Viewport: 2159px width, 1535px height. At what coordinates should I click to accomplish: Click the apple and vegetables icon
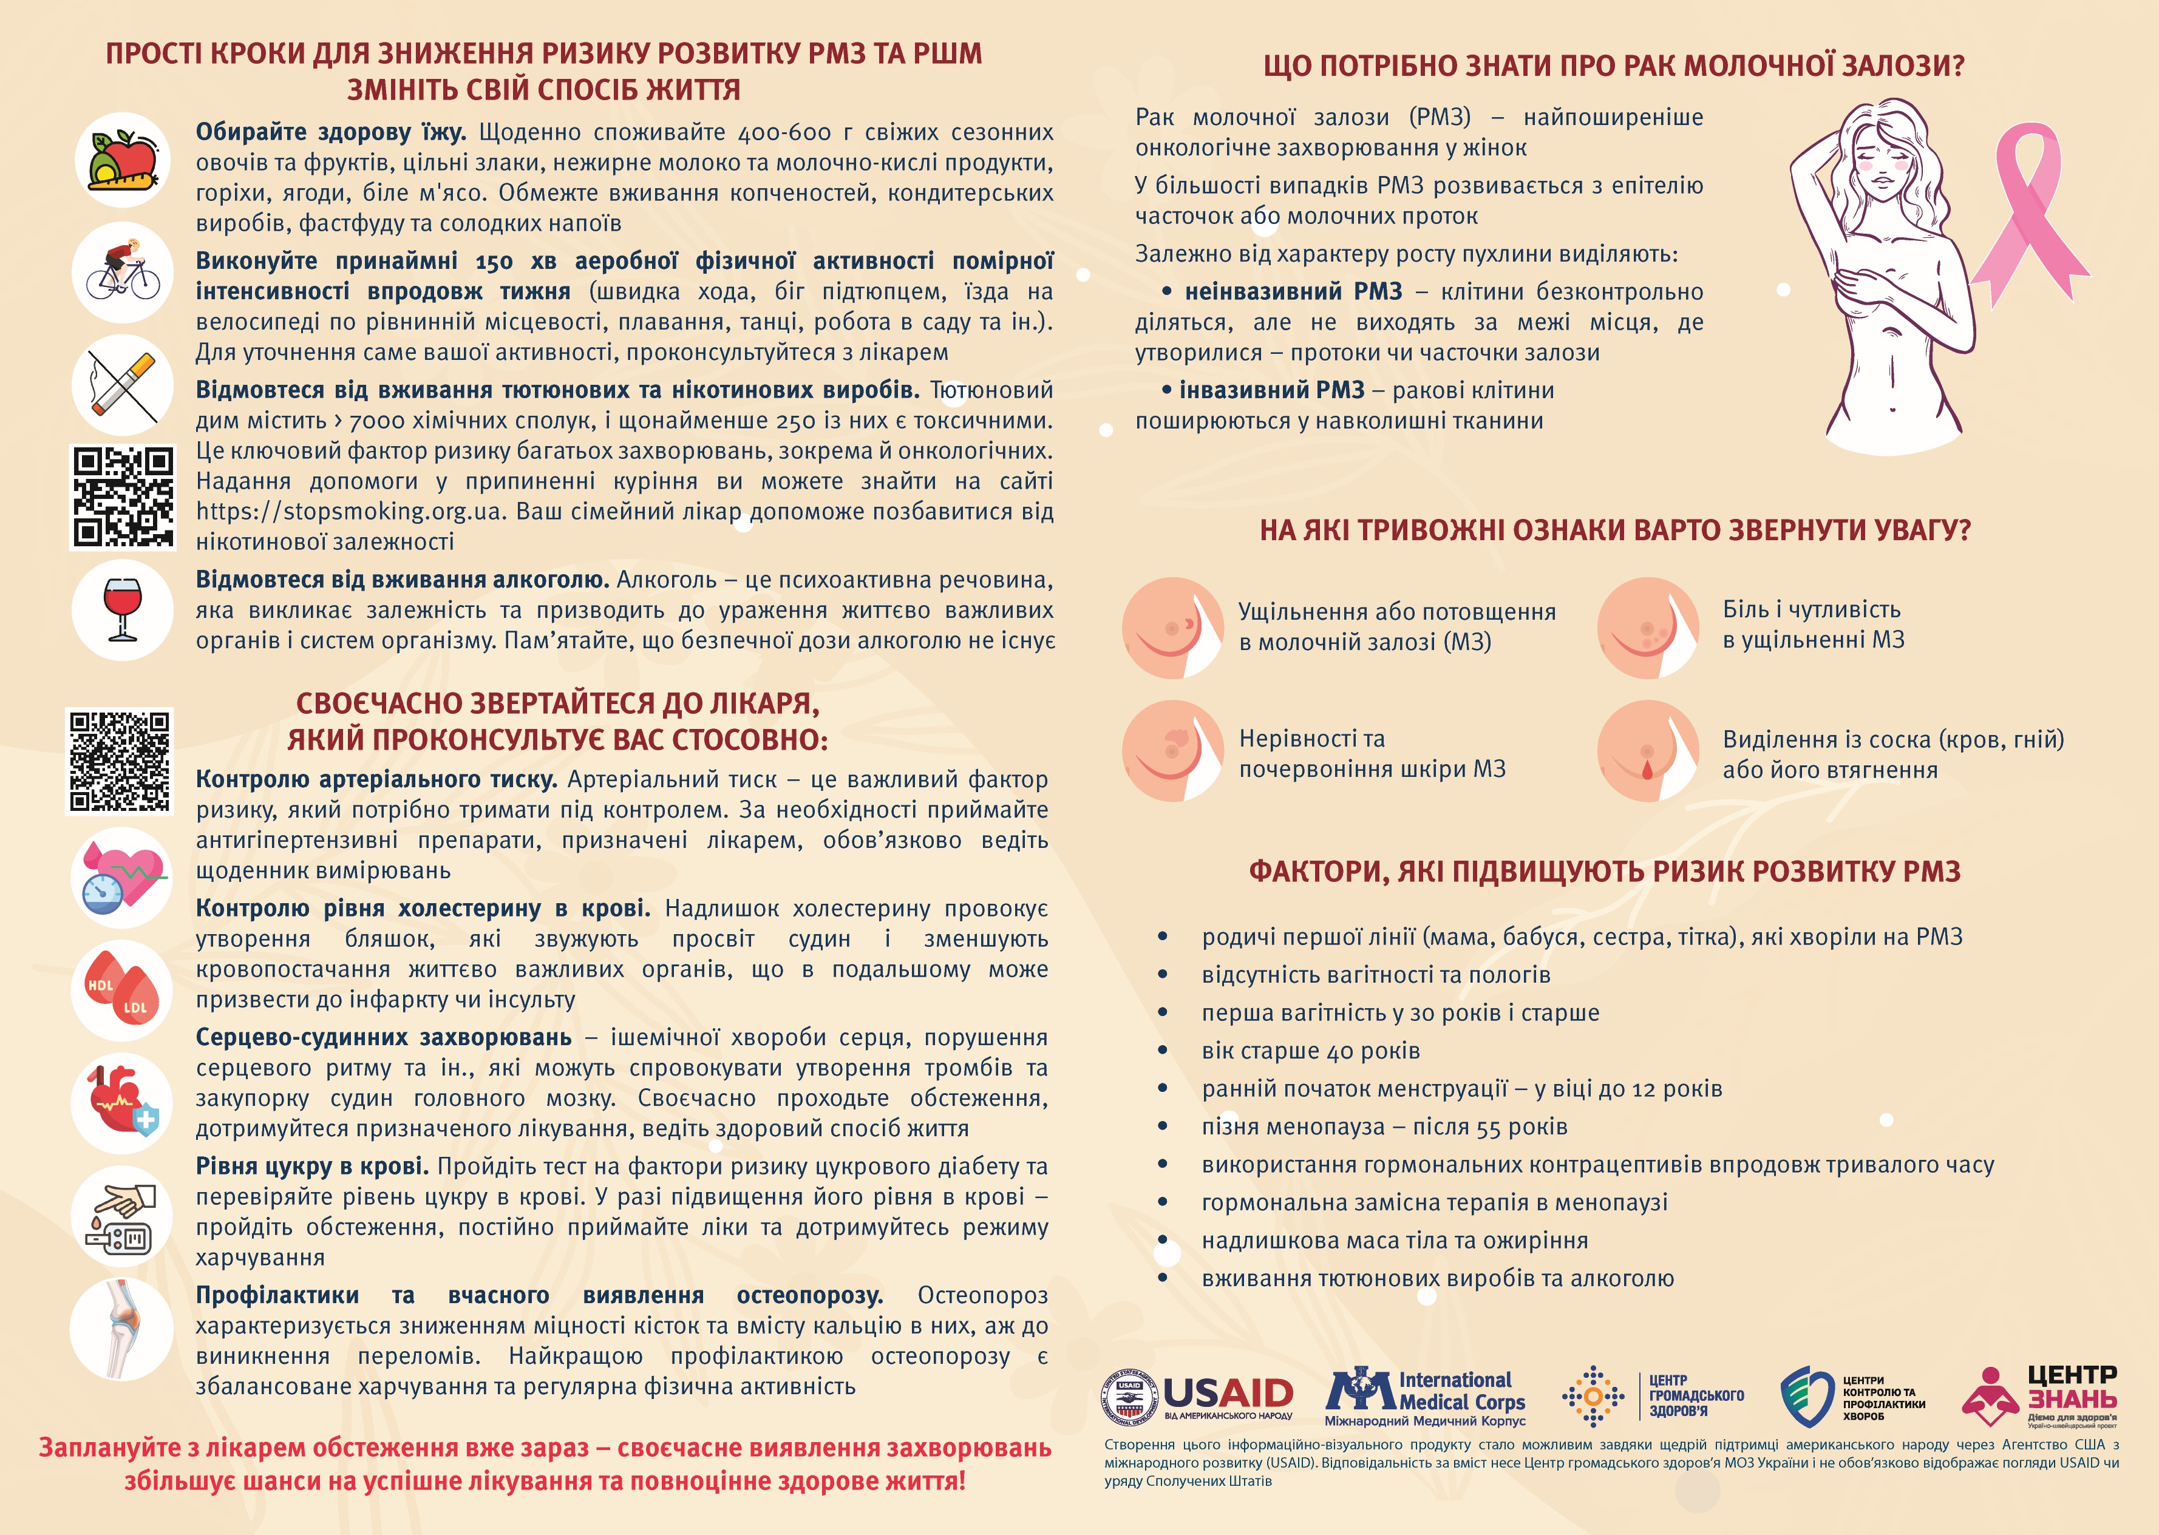coord(123,160)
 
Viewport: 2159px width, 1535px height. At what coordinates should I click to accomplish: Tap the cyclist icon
coord(123,271)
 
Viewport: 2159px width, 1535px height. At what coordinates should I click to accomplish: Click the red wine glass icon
coord(122,609)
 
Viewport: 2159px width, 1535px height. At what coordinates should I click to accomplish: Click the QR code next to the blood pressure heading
coord(119,762)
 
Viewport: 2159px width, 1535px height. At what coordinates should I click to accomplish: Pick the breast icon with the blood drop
coord(1648,751)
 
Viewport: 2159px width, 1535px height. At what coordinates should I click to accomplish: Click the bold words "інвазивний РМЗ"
coord(1271,390)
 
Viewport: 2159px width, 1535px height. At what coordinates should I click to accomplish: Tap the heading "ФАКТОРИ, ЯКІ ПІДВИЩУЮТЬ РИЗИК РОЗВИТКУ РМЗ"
coord(1604,872)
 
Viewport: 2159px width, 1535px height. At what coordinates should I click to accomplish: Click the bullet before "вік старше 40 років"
coord(1163,1051)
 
